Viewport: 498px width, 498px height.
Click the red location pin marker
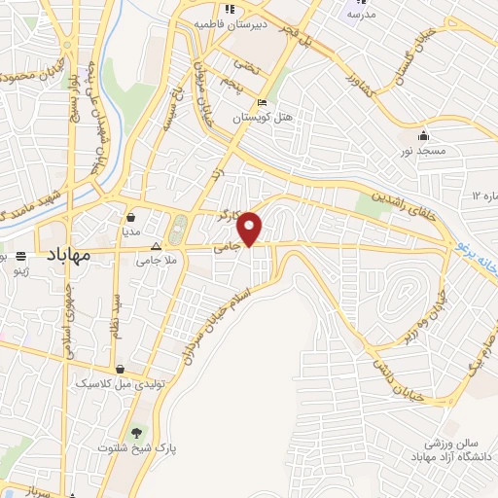[251, 228]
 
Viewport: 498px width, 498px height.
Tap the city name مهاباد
[68, 255]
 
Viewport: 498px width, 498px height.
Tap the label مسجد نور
[424, 152]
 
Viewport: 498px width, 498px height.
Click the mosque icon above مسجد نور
[424, 136]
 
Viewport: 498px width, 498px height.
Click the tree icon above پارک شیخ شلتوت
[135, 432]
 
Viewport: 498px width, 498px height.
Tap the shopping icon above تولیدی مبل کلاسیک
[119, 370]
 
